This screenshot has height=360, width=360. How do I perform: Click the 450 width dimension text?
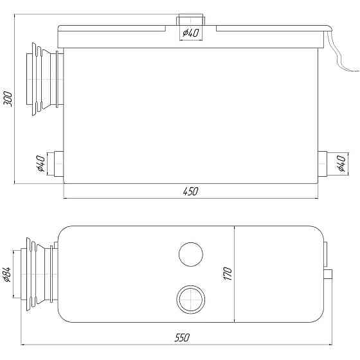(x=191, y=191)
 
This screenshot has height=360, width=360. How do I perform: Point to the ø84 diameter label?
(x=8, y=275)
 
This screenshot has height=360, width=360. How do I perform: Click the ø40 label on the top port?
(x=190, y=34)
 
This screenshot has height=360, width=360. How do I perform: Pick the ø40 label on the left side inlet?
(x=40, y=165)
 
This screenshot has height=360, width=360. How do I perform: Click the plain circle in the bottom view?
(x=190, y=253)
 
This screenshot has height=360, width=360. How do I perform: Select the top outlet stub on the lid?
(x=190, y=21)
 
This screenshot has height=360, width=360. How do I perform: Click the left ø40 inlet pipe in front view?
(x=57, y=165)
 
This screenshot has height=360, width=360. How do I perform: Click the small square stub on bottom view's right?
(x=329, y=275)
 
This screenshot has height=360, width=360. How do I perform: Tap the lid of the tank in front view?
(x=193, y=37)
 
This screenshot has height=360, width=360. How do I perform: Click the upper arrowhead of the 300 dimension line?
(x=15, y=30)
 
